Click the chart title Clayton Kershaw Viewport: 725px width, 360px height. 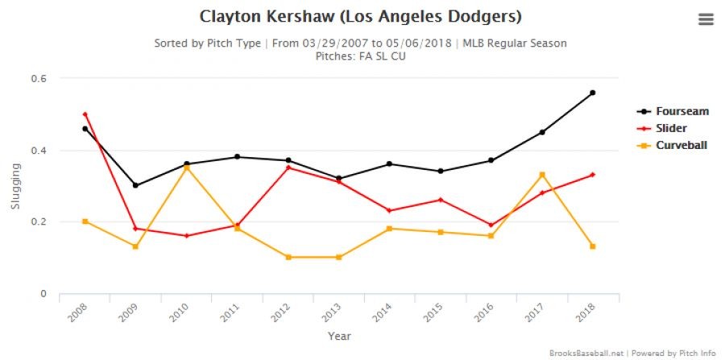click(360, 16)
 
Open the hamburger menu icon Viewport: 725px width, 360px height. click(706, 19)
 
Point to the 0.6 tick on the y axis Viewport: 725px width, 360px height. click(39, 78)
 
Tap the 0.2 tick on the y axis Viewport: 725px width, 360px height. click(39, 221)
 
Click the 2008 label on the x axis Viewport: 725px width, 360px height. click(74, 312)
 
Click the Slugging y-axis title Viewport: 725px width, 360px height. click(14, 186)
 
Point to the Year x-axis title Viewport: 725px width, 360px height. click(338, 336)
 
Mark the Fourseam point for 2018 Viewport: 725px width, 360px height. click(592, 93)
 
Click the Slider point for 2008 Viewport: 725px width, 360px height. click(85, 114)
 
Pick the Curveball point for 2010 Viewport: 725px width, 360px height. click(186, 168)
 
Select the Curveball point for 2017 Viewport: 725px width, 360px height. click(541, 175)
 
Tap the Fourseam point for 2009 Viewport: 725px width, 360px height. click(135, 185)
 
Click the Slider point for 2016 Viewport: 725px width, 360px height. click(491, 226)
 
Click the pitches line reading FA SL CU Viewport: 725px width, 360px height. click(360, 56)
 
